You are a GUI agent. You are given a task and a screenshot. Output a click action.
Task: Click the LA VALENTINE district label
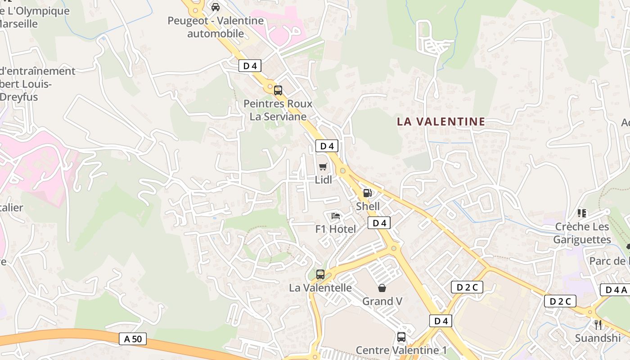441,121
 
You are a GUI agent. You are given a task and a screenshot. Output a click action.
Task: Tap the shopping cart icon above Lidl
323,167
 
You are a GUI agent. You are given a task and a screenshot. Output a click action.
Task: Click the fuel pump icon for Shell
368,193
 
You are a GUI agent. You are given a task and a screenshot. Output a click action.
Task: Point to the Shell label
368,207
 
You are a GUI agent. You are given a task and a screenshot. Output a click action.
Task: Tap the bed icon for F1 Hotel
336,216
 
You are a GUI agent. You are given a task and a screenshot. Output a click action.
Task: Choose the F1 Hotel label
336,229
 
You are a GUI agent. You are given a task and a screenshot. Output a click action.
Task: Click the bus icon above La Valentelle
320,274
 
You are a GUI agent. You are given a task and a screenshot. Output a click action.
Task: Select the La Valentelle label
320,288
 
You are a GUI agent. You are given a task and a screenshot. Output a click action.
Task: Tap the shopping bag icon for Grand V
382,288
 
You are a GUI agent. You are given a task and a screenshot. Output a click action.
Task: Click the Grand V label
382,301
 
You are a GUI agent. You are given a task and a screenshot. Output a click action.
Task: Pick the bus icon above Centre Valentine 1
401,337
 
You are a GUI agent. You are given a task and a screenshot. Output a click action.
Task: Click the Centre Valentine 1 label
401,350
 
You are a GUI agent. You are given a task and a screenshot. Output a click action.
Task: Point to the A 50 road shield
133,339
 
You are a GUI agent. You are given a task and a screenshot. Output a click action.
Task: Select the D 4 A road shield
614,290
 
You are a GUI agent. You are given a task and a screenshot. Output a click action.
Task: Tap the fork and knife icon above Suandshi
598,324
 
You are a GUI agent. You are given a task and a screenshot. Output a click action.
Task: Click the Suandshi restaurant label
598,338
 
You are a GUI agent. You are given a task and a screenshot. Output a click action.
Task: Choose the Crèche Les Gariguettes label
582,233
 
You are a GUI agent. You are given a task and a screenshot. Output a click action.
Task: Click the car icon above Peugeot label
216,7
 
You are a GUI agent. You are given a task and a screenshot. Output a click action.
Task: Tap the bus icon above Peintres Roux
278,90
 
